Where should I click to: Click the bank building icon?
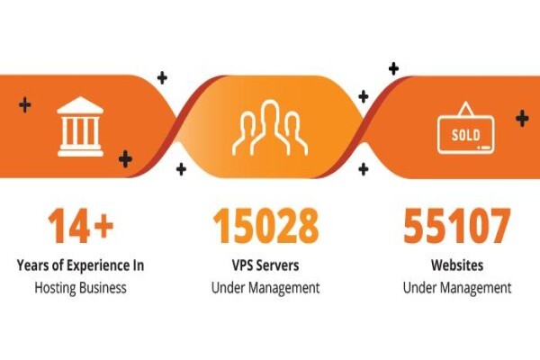[80, 126]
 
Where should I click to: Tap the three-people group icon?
[270, 128]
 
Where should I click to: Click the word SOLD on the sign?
[465, 135]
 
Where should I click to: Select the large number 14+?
[81, 226]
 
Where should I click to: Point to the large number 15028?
[265, 226]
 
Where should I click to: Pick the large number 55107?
[457, 226]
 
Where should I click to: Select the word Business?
[103, 287]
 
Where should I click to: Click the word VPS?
[242, 265]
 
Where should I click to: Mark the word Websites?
[457, 265]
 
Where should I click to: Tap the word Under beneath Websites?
[419, 288]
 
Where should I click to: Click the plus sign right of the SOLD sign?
[522, 118]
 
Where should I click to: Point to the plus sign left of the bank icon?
[25, 104]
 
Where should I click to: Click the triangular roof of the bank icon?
[80, 105]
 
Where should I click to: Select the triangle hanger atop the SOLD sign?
[465, 109]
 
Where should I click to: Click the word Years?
[32, 265]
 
